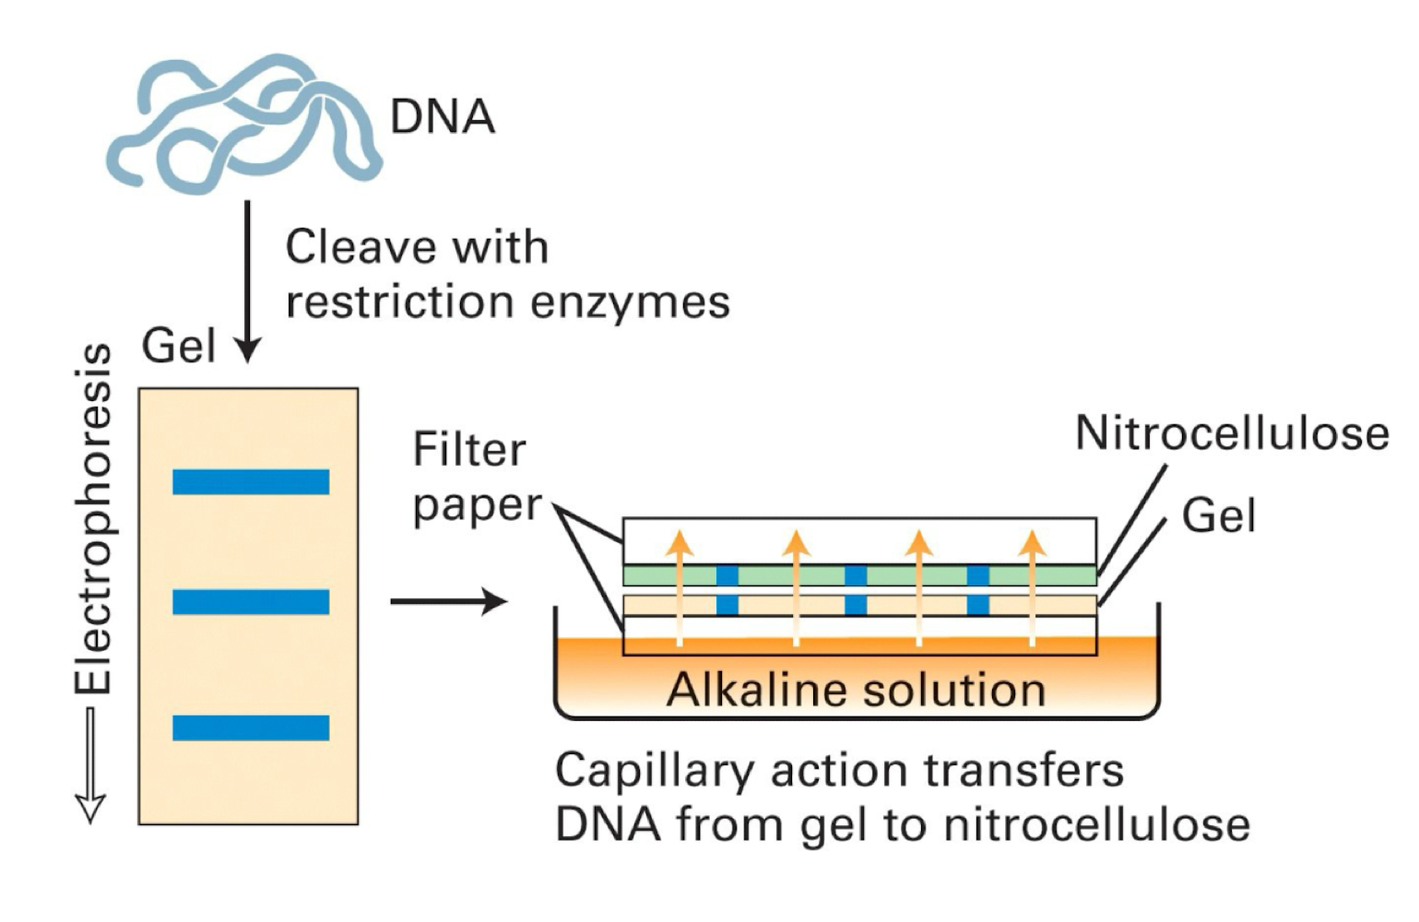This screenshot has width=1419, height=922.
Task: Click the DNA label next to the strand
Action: (442, 117)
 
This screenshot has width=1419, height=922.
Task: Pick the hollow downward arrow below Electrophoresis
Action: (90, 765)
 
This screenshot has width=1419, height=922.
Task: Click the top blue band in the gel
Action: (251, 482)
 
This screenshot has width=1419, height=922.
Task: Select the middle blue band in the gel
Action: (251, 602)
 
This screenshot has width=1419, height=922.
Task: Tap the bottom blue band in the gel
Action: (251, 727)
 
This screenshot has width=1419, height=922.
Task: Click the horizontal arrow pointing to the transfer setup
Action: (448, 602)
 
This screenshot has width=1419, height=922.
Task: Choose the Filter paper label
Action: (477, 477)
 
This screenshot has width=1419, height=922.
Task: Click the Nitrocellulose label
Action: (1231, 432)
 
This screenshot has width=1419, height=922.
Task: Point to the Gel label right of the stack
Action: (1218, 514)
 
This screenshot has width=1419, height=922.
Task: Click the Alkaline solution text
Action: (856, 690)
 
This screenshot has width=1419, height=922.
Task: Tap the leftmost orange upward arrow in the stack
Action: (680, 586)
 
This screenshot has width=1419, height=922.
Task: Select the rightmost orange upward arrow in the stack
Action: (1032, 586)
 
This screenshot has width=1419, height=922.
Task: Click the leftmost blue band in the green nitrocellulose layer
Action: (727, 576)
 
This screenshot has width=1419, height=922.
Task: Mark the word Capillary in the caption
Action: (654, 771)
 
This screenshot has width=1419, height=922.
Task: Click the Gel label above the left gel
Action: (179, 347)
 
